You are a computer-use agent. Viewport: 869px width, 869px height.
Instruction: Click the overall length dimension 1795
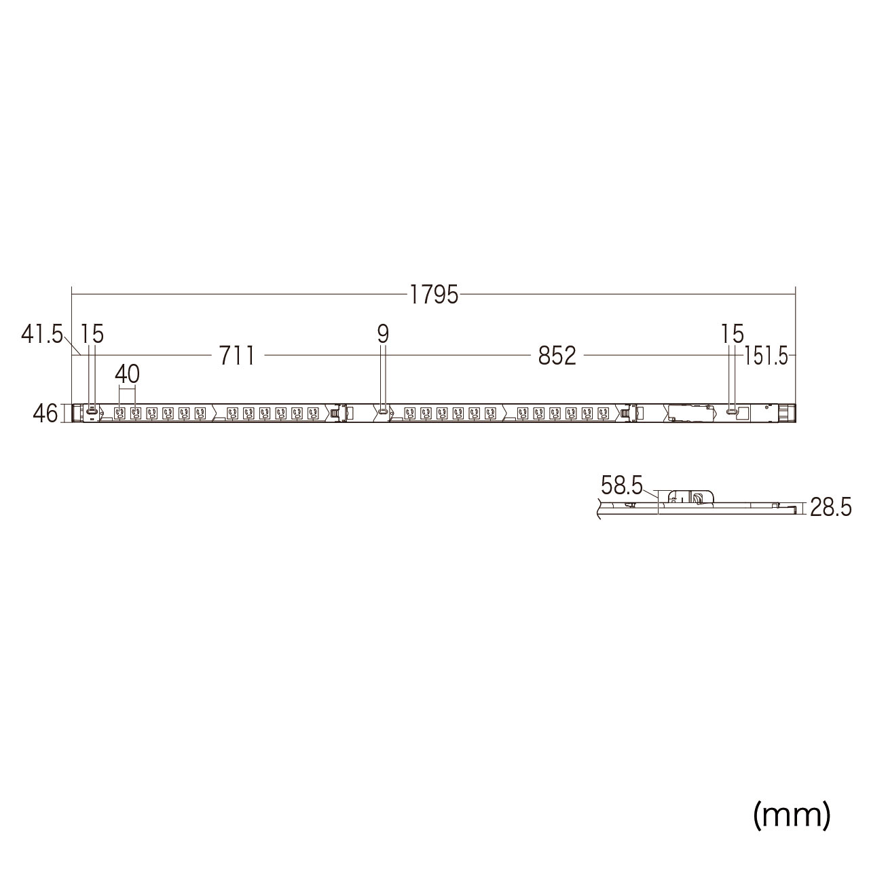click(x=433, y=295)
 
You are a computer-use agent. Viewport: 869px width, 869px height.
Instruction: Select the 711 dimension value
click(x=237, y=356)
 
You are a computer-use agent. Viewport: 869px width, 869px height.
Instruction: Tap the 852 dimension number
click(x=557, y=356)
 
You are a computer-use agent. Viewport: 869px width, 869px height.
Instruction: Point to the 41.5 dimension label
click(x=41, y=335)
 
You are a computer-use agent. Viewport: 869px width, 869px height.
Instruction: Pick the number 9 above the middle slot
click(x=383, y=334)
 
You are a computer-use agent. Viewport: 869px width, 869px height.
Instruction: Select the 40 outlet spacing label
click(x=127, y=374)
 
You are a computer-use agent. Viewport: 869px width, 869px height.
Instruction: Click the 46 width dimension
click(x=45, y=413)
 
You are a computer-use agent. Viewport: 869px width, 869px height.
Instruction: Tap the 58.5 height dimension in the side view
click(x=621, y=485)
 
